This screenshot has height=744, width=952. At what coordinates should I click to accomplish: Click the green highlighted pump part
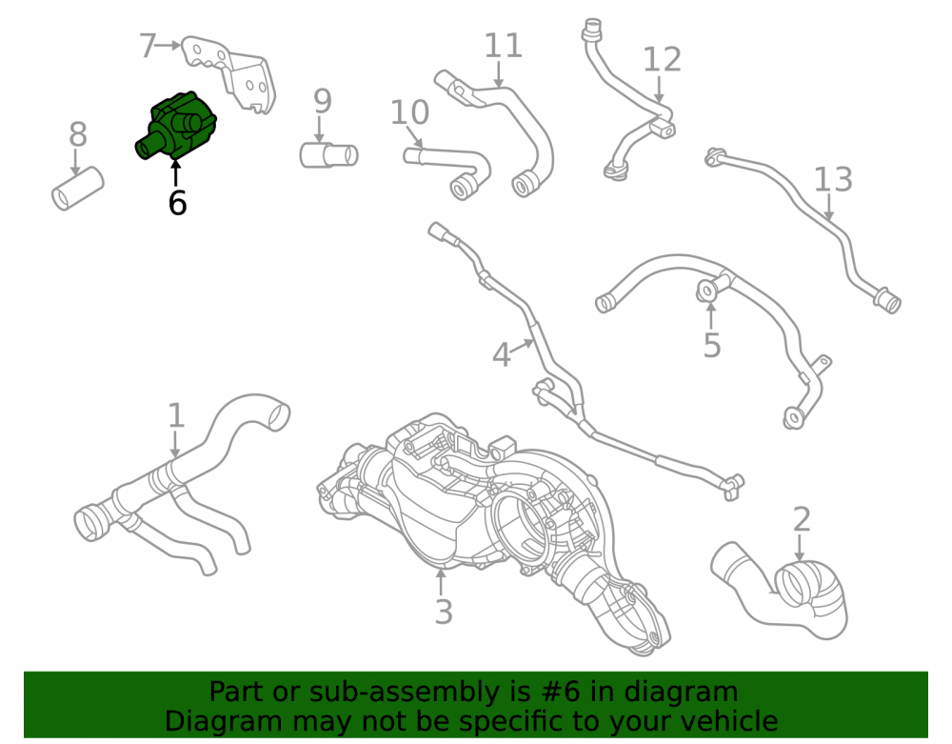[x=176, y=127]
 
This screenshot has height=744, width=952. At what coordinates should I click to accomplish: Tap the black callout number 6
[x=177, y=203]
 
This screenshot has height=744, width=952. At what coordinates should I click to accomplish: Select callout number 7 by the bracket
[x=148, y=46]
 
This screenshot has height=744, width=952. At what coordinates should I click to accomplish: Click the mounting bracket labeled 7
[x=234, y=73]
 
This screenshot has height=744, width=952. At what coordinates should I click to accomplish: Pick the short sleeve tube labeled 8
[x=78, y=189]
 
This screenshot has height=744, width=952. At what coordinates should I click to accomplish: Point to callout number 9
[x=323, y=101]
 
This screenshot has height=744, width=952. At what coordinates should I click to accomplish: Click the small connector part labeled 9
[x=328, y=155]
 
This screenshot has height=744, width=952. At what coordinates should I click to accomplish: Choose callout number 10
[x=409, y=112]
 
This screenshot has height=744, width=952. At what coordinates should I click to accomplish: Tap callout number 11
[x=504, y=46]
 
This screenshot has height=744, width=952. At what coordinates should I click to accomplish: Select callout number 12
[x=662, y=59]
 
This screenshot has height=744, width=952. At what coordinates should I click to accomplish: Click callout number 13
[x=833, y=179]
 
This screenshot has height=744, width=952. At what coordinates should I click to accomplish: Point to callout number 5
[x=711, y=345]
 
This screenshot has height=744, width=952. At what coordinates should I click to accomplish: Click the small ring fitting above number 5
[x=707, y=291]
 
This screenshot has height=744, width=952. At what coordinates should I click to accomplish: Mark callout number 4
[x=501, y=355]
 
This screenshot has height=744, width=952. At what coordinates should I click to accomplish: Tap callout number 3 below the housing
[x=444, y=612]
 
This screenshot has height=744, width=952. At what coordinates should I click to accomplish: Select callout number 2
[x=802, y=520]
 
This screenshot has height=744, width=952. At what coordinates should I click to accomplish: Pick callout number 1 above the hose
[x=176, y=415]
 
